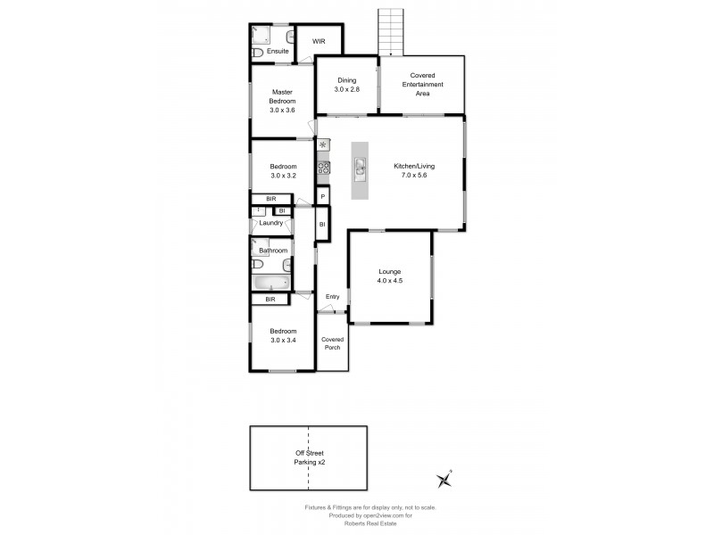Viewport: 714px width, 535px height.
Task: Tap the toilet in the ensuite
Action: click(257, 53)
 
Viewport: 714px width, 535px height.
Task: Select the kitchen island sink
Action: click(360, 166)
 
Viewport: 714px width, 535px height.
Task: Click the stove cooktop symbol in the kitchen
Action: click(323, 167)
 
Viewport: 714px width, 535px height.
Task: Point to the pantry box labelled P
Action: click(322, 194)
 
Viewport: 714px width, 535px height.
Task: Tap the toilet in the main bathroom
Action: click(285, 265)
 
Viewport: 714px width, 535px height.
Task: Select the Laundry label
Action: click(270, 223)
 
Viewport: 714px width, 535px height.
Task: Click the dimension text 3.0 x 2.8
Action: click(346, 90)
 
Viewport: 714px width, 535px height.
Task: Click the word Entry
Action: click(332, 297)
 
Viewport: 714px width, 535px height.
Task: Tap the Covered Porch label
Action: click(332, 343)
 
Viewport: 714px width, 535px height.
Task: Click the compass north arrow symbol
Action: click(444, 480)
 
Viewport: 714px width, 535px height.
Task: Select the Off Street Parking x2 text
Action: click(308, 458)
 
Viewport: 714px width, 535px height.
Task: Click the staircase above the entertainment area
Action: click(391, 32)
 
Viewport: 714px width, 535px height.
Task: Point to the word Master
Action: click(282, 92)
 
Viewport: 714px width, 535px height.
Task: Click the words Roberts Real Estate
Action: click(370, 523)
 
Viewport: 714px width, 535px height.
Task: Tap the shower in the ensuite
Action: click(262, 35)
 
